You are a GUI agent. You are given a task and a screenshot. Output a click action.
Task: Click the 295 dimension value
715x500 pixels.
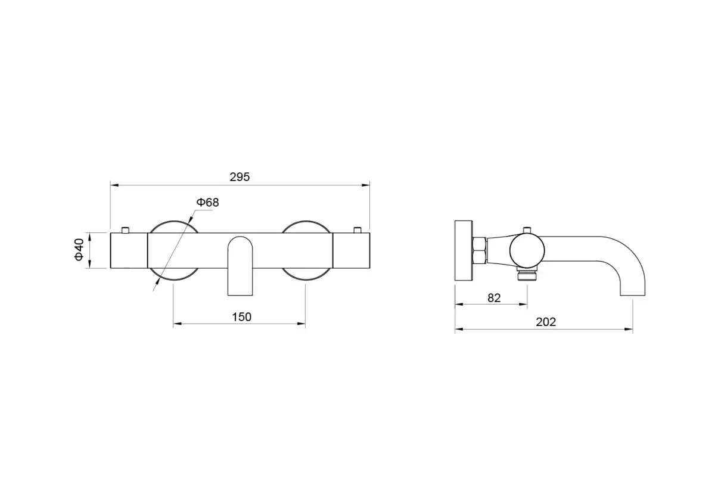click(240, 177)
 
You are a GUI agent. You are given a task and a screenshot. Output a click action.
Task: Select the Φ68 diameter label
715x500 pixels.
click(207, 203)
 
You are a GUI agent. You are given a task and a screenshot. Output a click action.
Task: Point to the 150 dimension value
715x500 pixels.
click(242, 317)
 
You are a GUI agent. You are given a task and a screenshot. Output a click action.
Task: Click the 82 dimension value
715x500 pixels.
click(494, 298)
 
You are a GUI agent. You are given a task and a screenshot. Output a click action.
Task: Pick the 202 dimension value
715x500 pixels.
click(546, 322)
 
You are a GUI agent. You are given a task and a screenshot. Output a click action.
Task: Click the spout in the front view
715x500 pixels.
click(240, 266)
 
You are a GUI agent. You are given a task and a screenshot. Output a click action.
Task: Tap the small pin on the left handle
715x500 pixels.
click(125, 230)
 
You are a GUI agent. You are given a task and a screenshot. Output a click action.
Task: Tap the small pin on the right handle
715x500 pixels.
click(357, 230)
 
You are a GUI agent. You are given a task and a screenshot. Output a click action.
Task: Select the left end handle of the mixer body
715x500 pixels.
click(129, 251)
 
